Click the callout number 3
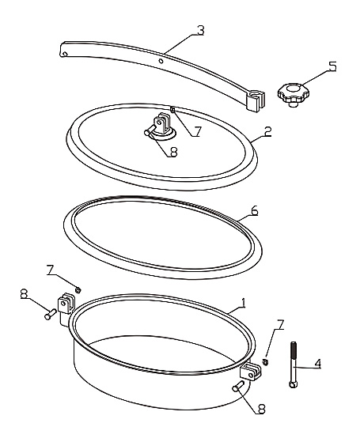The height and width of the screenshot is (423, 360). click(x=200, y=31)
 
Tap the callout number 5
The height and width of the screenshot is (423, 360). click(x=333, y=66)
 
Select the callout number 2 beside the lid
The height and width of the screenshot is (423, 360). click(x=268, y=132)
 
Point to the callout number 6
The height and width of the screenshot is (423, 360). click(x=255, y=210)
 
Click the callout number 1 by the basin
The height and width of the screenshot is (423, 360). click(x=244, y=304)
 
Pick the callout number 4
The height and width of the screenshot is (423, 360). click(x=318, y=364)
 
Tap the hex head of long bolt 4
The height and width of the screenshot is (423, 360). click(x=294, y=383)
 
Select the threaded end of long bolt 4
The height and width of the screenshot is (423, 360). click(x=294, y=350)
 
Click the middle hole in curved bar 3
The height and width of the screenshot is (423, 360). click(x=161, y=61)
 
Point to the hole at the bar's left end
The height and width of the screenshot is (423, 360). click(x=65, y=54)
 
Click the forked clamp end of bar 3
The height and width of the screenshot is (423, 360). click(x=256, y=100)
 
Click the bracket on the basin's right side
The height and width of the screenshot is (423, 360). click(x=251, y=371)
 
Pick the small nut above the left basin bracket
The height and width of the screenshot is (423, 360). click(x=78, y=289)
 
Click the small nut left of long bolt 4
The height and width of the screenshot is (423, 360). click(x=265, y=362)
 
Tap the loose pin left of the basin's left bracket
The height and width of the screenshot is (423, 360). click(x=50, y=315)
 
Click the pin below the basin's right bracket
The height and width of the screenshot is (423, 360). click(x=238, y=385)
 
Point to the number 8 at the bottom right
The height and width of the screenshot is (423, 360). click(x=261, y=410)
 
